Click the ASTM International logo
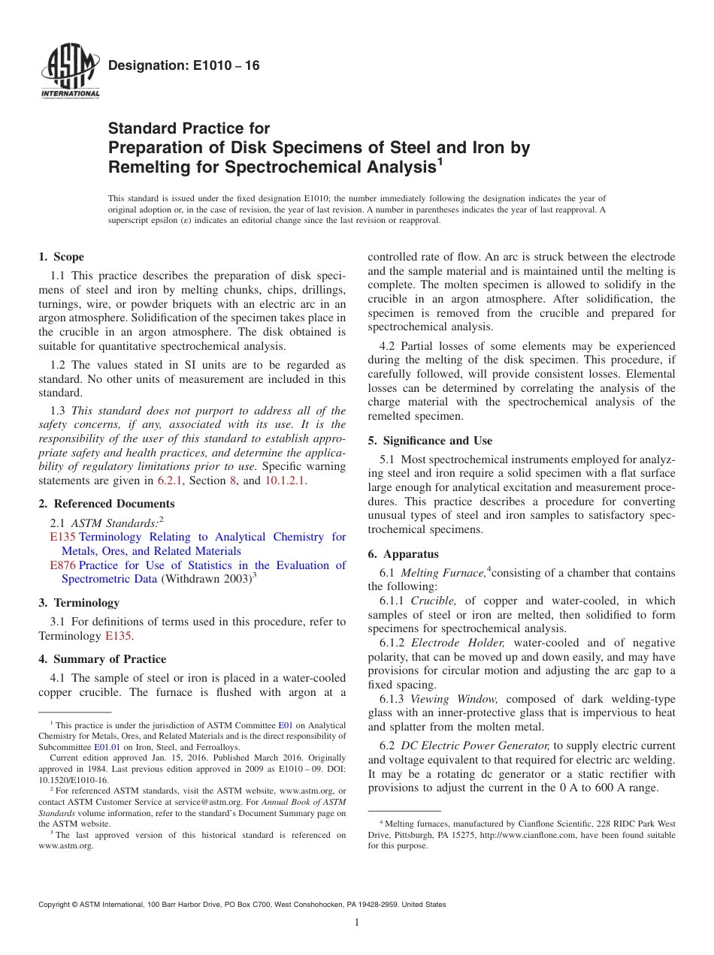coord(69,72)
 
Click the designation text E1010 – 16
coord(184,66)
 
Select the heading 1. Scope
coord(62,257)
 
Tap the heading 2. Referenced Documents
coord(107,504)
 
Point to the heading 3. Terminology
coord(79,603)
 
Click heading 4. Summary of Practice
coord(102,659)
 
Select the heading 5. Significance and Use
coord(430,441)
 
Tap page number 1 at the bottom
coord(357,923)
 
